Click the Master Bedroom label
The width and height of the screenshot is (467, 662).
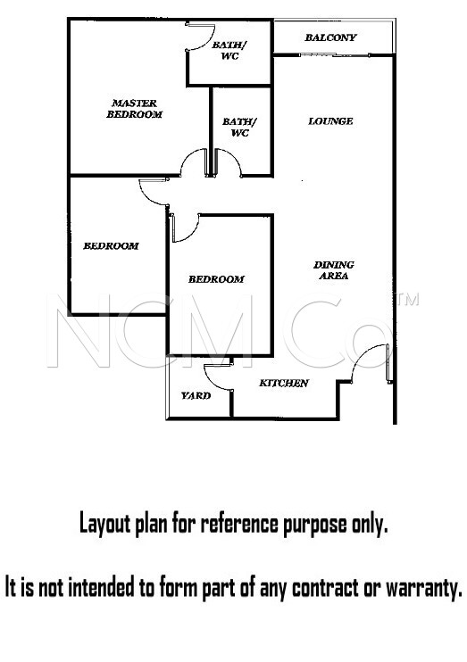coord(135,109)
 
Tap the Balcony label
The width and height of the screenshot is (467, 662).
coord(331,37)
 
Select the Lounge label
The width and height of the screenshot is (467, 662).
coord(330,121)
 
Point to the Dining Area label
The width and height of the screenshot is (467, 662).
coord(334,270)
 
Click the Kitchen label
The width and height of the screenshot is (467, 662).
coord(284,383)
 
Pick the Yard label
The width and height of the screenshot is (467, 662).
coord(196,395)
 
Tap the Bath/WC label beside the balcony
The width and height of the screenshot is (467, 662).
coord(229,50)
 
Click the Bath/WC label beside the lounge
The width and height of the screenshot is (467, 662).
coord(239,127)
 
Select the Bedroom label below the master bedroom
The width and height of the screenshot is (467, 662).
coord(111,245)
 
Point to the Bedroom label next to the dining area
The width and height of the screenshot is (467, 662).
coord(216,279)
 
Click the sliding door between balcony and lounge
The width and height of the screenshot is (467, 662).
coord(334,55)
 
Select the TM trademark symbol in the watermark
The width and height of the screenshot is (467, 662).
coord(408,300)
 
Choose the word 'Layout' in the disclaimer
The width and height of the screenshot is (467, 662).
coord(105,525)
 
